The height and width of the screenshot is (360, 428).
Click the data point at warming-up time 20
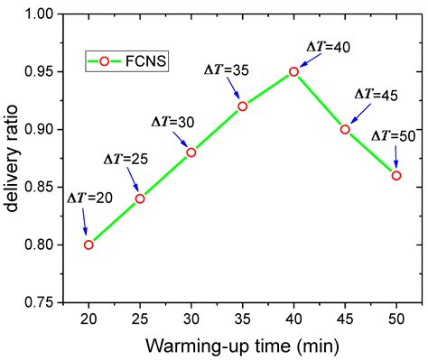(x=88, y=245)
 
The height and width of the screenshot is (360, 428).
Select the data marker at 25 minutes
(x=140, y=198)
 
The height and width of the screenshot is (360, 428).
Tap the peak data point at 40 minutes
(x=293, y=71)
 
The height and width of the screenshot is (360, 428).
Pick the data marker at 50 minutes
(x=396, y=175)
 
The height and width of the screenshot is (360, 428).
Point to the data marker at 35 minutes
(x=242, y=106)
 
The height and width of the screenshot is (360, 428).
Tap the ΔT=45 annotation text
(x=377, y=94)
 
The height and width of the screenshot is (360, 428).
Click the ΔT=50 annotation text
(x=395, y=135)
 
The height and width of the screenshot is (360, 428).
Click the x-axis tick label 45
(x=345, y=320)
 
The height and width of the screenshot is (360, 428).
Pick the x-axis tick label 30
(x=191, y=320)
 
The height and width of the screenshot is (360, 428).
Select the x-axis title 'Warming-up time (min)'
(x=242, y=346)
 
